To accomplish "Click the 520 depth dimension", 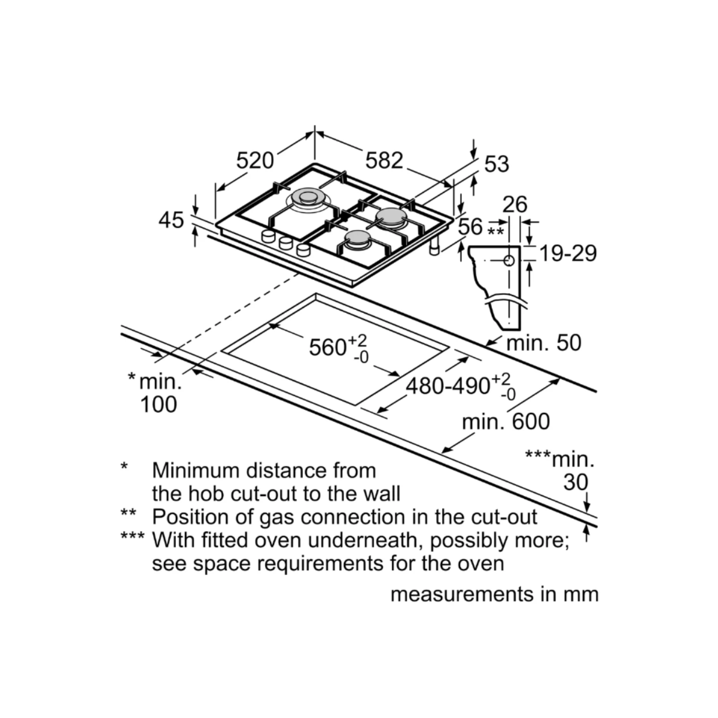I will point(255,160).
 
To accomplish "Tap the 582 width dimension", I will point(384,160).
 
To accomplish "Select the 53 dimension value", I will point(496,163).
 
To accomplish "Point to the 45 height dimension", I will point(171,220).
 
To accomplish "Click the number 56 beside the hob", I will point(470,227).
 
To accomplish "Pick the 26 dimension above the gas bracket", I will point(515,205).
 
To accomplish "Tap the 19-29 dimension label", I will point(568,253).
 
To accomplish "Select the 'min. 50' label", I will point(544,343).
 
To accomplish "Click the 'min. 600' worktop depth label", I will point(506,421).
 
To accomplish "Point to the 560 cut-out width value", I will point(328,347).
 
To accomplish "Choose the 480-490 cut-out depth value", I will point(448,387).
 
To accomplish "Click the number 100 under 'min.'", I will point(159,404).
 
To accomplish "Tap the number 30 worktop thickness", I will point(576,482).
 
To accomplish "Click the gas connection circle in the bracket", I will point(509,261).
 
